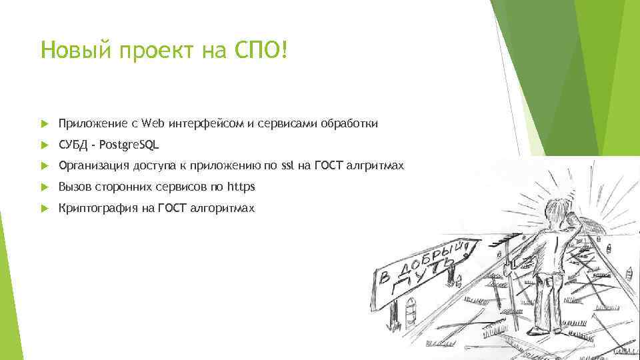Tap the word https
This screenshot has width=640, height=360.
pyautogui.click(x=241, y=186)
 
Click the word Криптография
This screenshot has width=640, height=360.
pyautogui.click(x=97, y=208)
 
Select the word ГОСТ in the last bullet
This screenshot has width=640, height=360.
pyautogui.click(x=173, y=208)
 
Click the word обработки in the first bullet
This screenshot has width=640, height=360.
pyautogui.click(x=349, y=123)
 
